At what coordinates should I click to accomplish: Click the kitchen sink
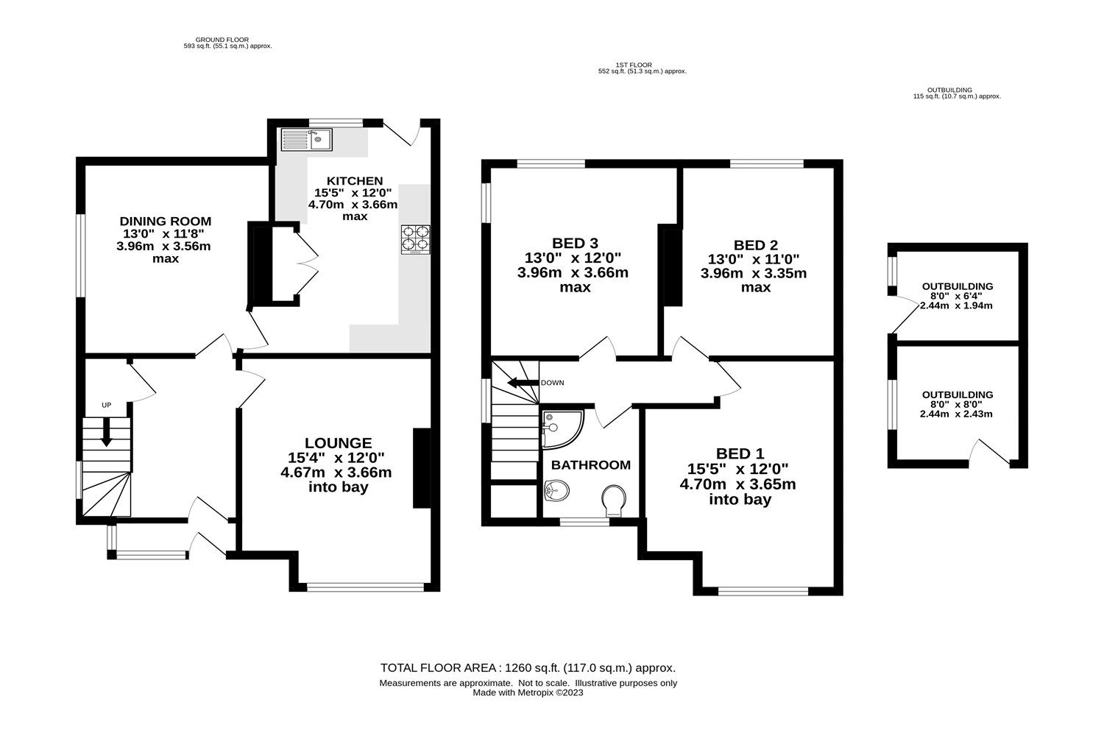tap(307, 138)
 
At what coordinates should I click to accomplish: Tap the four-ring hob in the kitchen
tap(415, 238)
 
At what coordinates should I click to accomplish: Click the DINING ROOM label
tap(166, 221)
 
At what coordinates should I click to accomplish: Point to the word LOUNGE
tap(339, 443)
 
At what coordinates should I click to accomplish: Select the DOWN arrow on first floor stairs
tap(523, 383)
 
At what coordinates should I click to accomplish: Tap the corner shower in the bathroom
tap(561, 428)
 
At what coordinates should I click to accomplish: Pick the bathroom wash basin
tap(557, 490)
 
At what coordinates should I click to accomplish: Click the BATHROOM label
tap(590, 465)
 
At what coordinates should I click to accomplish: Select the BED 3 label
tap(575, 244)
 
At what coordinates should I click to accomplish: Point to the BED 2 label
tap(756, 245)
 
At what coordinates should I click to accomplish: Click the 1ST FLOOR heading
tap(634, 65)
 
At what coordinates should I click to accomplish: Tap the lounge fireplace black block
tap(421, 468)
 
